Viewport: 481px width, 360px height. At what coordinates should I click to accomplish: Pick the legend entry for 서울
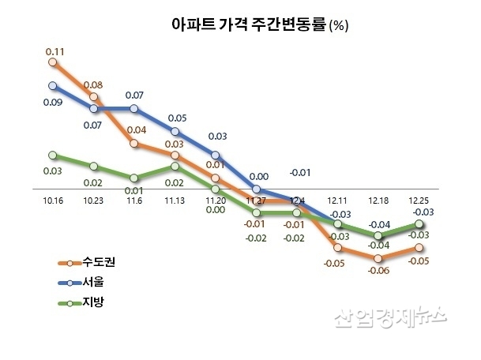coord(88,282)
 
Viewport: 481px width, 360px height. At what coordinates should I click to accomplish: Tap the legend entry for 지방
coord(88,302)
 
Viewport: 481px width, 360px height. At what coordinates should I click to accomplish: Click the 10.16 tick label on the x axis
coord(52,201)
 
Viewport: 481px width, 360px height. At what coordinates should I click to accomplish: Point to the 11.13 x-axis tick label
coord(175,201)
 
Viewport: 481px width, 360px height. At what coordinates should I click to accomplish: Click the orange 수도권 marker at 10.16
coord(53,62)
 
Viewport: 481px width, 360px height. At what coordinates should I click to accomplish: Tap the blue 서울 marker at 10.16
coord(53,85)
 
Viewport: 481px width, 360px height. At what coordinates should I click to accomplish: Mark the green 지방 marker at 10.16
coord(53,156)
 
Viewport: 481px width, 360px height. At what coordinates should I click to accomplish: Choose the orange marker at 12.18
coord(378,258)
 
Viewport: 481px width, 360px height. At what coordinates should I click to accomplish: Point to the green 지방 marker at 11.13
coord(175,167)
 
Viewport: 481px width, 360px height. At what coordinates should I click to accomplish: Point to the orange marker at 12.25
coord(419,248)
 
